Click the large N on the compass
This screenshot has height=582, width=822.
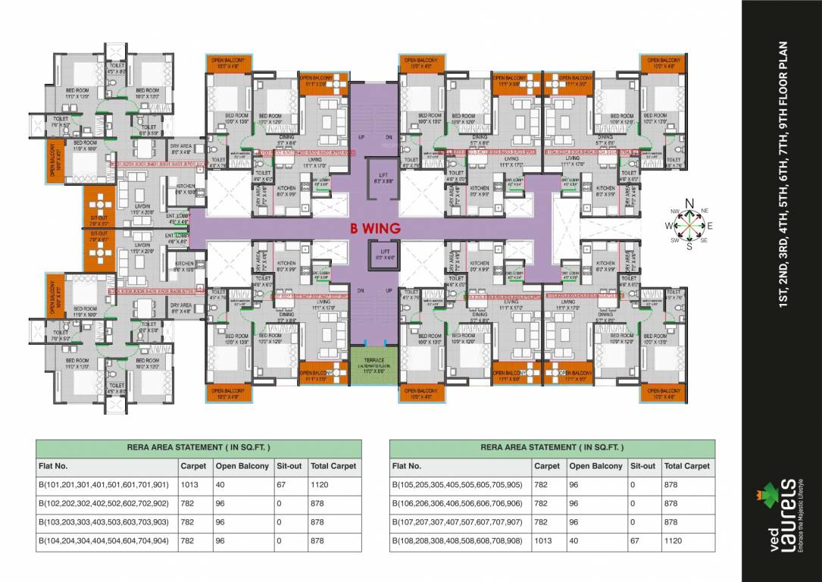click(689, 203)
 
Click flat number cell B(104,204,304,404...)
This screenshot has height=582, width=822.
click(105, 541)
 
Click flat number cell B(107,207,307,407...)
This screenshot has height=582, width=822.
click(457, 523)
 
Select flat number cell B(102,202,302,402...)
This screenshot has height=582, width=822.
click(105, 504)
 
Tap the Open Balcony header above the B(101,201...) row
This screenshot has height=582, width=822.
click(242, 466)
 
